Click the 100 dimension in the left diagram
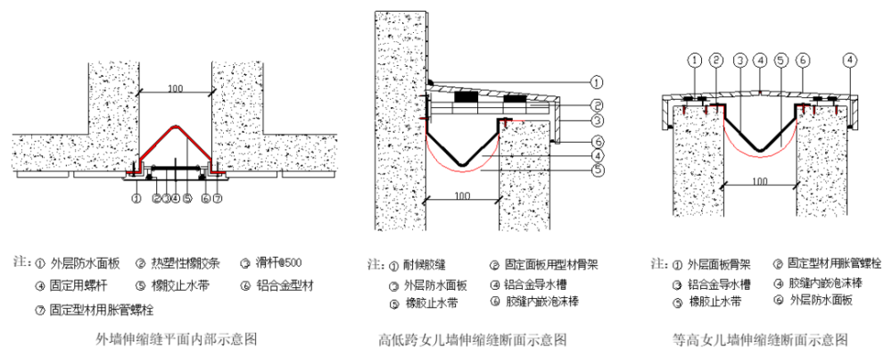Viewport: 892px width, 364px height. pos(174,89)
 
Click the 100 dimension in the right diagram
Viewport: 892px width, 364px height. pos(760,181)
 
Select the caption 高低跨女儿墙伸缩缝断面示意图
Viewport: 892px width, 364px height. pos(473,340)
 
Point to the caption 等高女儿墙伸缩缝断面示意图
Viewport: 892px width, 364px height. pos(760,340)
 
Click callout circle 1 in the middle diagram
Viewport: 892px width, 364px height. pos(598,81)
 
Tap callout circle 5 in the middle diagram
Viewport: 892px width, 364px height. pos(598,170)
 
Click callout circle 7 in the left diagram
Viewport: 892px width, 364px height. pos(217,198)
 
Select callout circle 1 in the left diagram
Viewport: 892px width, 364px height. pos(136,198)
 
